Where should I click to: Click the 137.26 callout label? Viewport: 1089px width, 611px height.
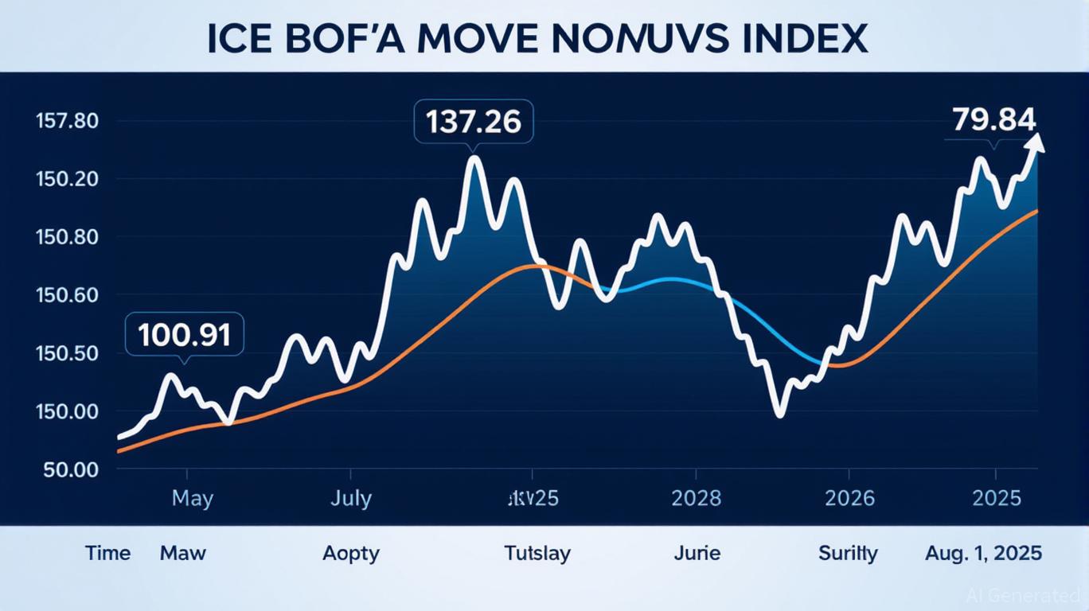pyautogui.click(x=473, y=122)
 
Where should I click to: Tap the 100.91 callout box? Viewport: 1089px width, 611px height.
pyautogui.click(x=184, y=335)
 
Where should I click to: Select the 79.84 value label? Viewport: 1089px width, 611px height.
pyautogui.click(x=993, y=119)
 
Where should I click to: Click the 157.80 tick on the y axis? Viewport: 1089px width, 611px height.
pyautogui.click(x=67, y=122)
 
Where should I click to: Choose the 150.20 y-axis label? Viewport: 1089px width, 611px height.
pyautogui.click(x=67, y=179)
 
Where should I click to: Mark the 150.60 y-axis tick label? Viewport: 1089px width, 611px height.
pyautogui.click(x=67, y=295)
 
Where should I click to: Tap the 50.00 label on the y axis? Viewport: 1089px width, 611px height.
pyautogui.click(x=71, y=469)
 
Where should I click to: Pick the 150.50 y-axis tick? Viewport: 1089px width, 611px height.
pyautogui.click(x=67, y=353)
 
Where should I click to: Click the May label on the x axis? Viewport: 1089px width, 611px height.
pyautogui.click(x=192, y=499)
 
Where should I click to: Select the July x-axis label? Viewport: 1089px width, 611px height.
pyautogui.click(x=350, y=499)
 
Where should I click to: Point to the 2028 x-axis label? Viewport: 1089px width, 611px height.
pyautogui.click(x=696, y=499)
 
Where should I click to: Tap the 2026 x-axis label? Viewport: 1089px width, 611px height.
pyautogui.click(x=849, y=499)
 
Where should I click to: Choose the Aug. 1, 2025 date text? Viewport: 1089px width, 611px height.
pyautogui.click(x=983, y=553)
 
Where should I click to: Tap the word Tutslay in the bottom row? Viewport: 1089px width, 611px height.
pyautogui.click(x=537, y=553)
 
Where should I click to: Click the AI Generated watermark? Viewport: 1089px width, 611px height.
pyautogui.click(x=1021, y=595)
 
